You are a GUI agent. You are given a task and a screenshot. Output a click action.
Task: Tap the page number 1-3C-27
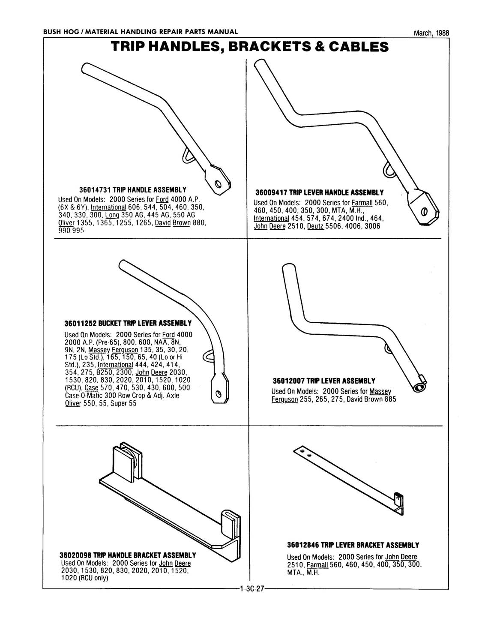pos(249,589)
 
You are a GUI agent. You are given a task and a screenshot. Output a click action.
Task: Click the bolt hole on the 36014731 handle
pos(218,185)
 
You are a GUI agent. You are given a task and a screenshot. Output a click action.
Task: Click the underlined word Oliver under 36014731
pos(66,223)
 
